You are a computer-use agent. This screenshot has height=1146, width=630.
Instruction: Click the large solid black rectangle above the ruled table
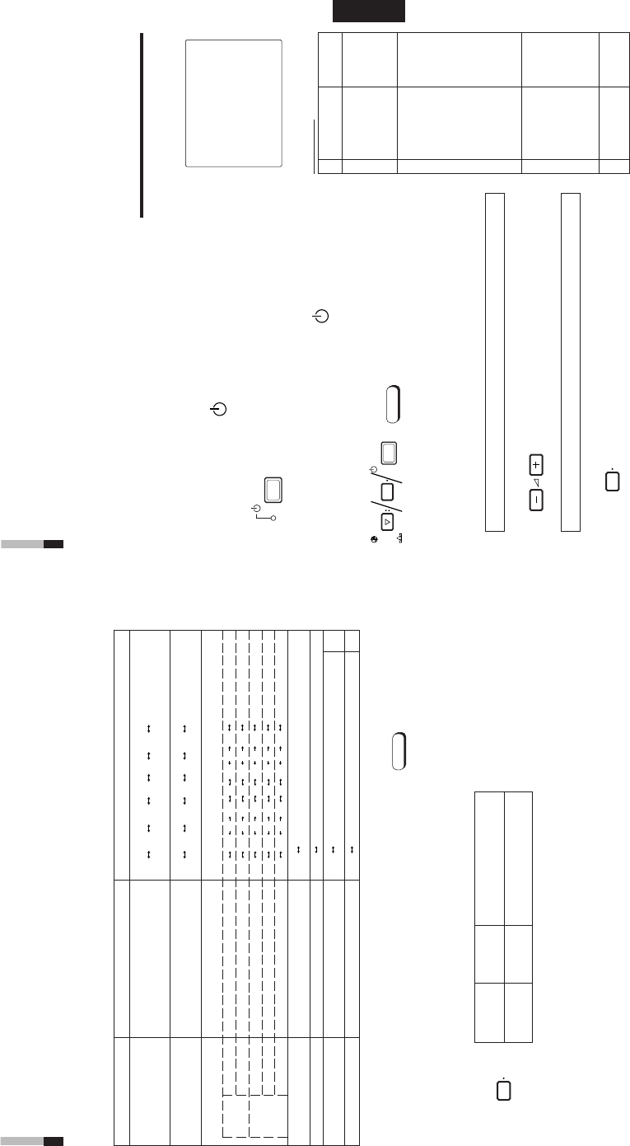click(369, 11)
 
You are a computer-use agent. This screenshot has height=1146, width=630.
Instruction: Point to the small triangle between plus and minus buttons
click(536, 482)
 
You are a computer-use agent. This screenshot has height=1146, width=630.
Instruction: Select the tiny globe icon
click(375, 540)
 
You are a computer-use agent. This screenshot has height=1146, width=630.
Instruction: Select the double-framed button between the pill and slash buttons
click(390, 453)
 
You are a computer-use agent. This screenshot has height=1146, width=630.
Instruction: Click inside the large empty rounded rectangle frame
click(234, 104)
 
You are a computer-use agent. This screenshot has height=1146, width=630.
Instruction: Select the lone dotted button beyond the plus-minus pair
click(612, 481)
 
